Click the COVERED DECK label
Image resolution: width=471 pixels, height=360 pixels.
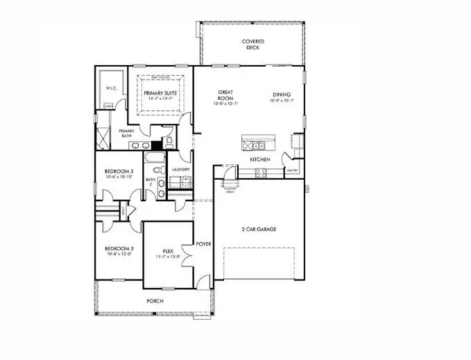252,44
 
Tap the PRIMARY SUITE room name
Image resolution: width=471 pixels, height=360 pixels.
160,93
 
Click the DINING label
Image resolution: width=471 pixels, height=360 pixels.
281,96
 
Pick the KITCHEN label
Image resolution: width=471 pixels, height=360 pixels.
260,160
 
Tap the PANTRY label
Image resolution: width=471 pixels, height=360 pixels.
292,170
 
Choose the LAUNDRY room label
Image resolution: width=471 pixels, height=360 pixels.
181,169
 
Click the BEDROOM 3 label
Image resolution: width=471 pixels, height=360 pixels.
119,171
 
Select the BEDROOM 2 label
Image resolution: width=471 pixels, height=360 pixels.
119,248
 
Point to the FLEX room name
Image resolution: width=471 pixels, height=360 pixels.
168,251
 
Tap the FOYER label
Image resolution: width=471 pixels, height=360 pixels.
203,244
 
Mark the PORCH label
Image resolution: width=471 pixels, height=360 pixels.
154,301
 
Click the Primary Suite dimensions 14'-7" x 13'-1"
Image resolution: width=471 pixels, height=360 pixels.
160,99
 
